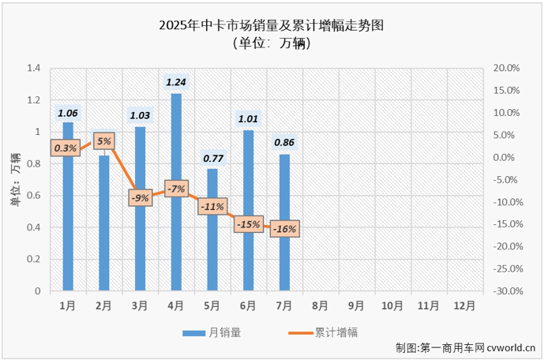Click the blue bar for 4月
[176, 193]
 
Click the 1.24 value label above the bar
[176, 82]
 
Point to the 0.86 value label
[284, 143]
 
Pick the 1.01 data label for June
[249, 119]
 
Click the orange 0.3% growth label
[66, 148]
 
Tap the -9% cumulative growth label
[140, 198]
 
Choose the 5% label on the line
[104, 142]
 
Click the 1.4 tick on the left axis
[33, 69]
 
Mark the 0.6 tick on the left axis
[33, 196]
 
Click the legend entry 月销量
[213, 332]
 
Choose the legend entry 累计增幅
[324, 332]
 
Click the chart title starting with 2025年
[272, 26]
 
